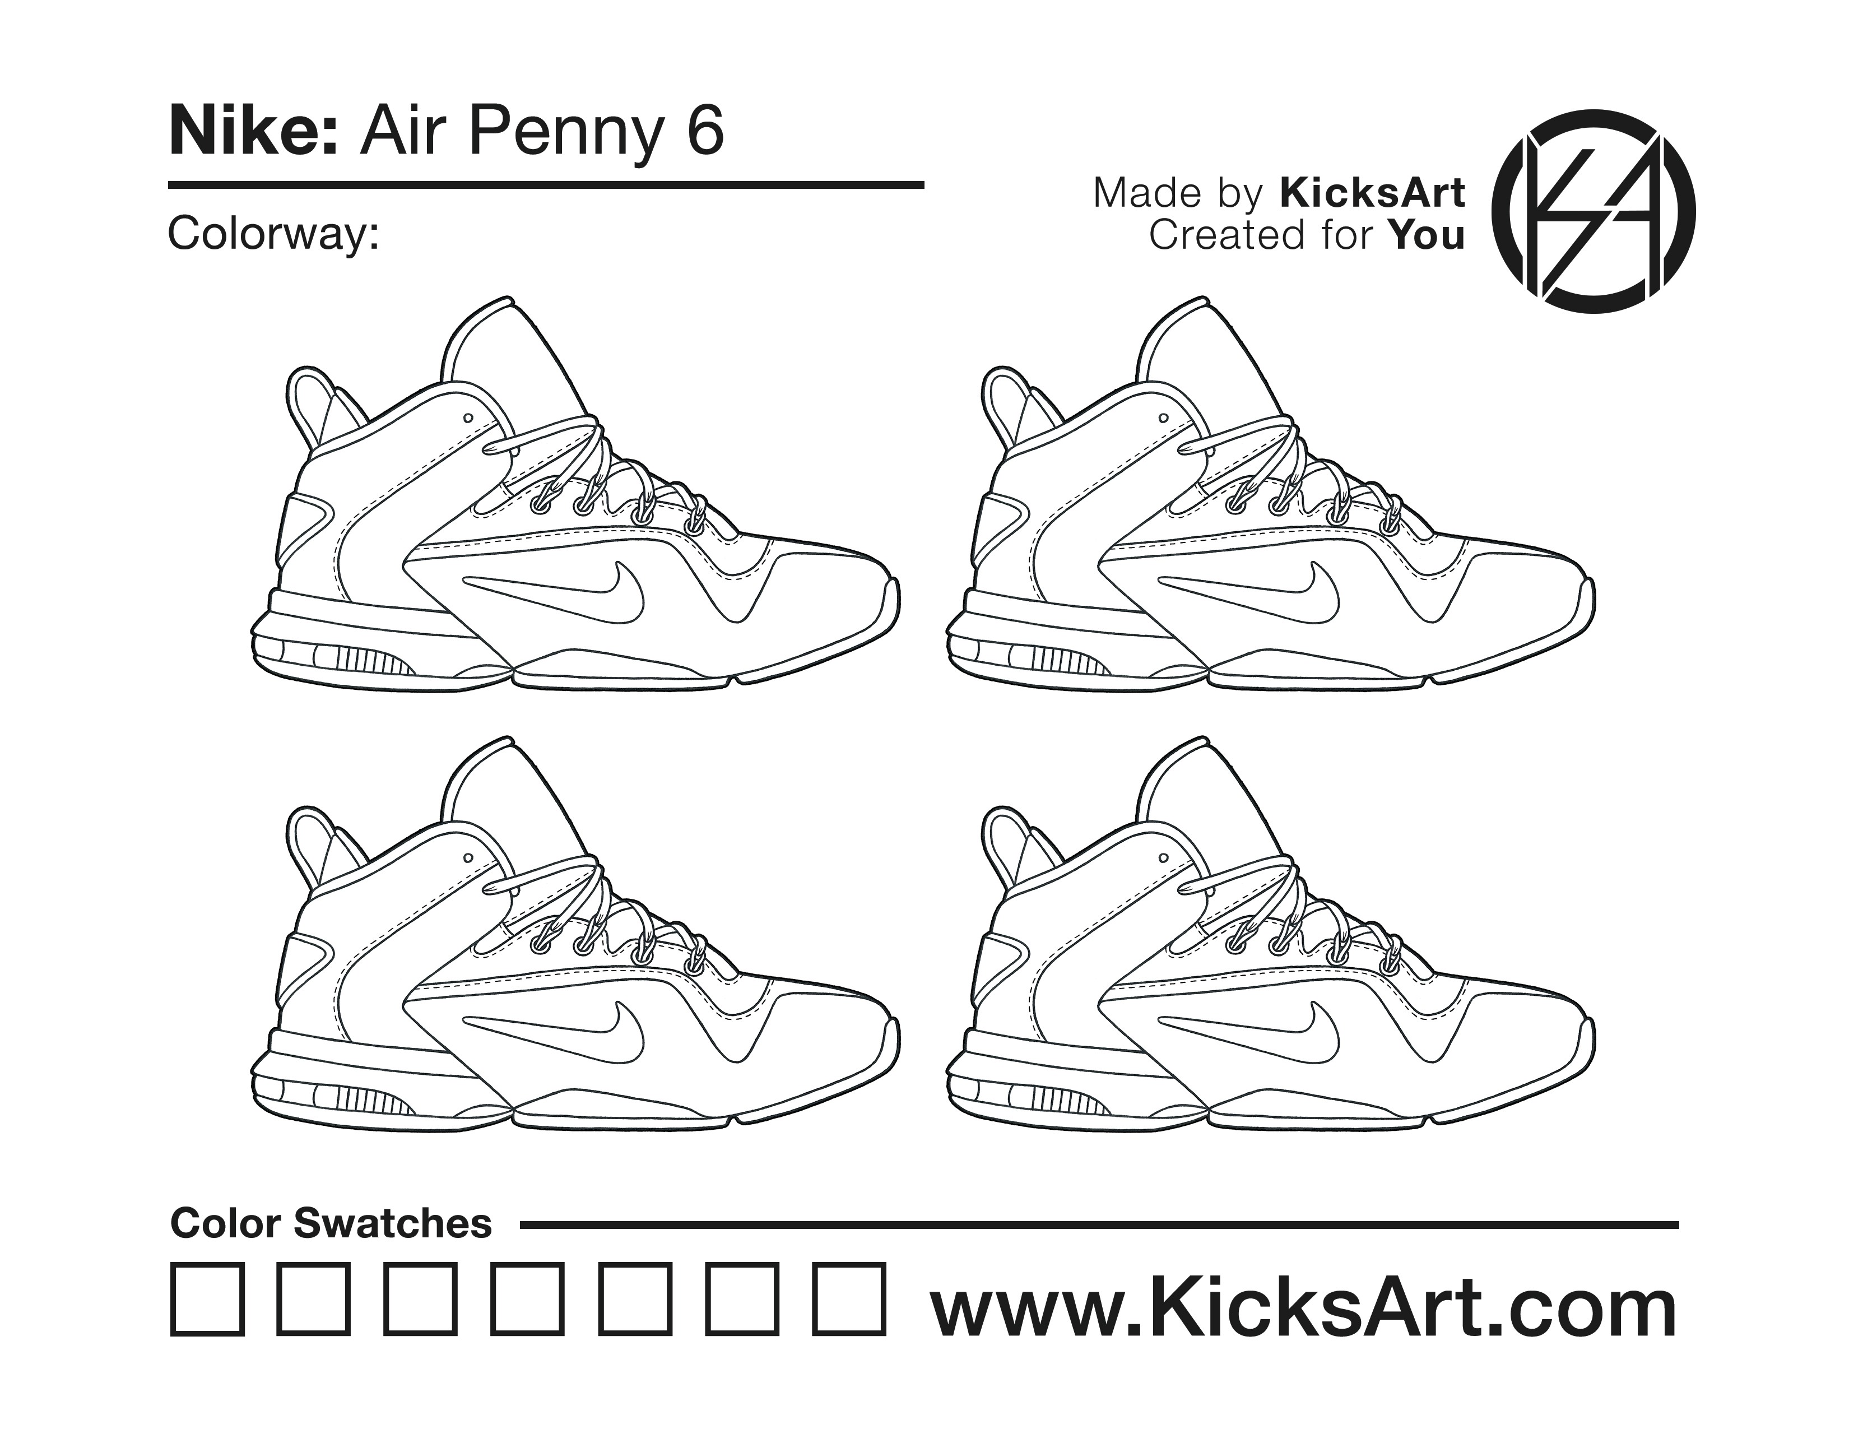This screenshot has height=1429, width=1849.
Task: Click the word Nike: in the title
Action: (254, 132)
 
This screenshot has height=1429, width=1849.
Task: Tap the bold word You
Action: (1427, 235)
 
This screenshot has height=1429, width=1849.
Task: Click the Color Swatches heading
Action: (331, 1223)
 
